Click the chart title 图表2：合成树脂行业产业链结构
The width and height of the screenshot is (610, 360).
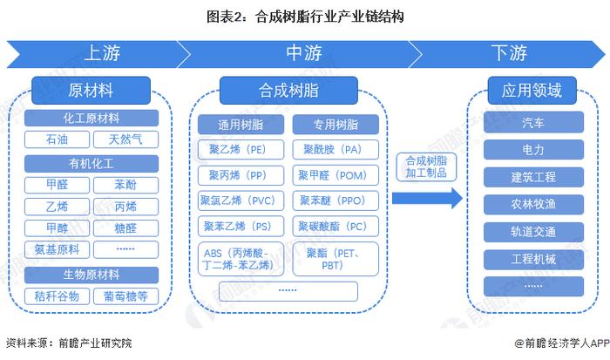click(x=304, y=16)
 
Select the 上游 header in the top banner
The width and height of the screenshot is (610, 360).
click(x=102, y=54)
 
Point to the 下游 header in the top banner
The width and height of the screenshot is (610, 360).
click(x=508, y=54)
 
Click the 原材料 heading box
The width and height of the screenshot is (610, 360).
click(x=91, y=90)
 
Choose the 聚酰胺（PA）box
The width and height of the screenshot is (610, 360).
click(x=334, y=149)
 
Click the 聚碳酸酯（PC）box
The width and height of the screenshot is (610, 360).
click(x=334, y=226)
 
